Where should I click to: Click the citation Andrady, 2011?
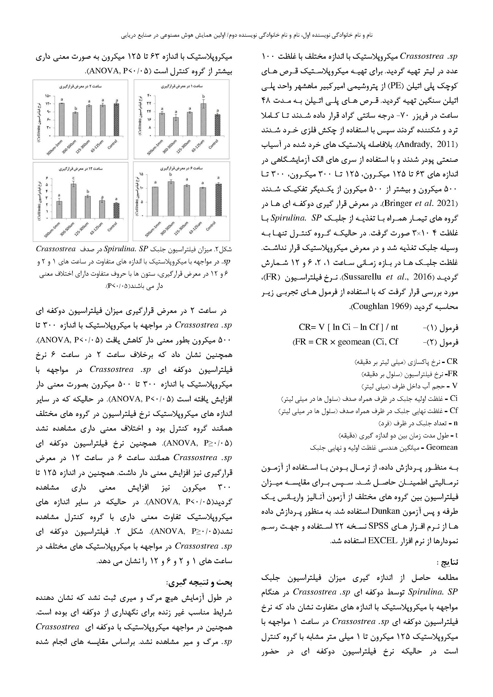pyautogui.click(x=426, y=144)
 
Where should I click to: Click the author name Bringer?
pyautogui.click(x=399, y=203)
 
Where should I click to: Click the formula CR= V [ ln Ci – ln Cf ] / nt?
pyautogui.click(x=348, y=327)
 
